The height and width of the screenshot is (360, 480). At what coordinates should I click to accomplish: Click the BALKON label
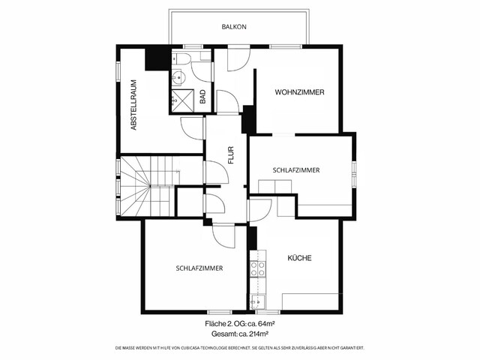pyautogui.click(x=234, y=27)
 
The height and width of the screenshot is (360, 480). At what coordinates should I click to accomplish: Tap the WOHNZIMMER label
pyautogui.click(x=299, y=92)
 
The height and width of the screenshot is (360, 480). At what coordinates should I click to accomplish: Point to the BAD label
pyautogui.click(x=202, y=97)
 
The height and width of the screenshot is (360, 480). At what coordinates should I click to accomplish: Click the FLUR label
pyautogui.click(x=231, y=154)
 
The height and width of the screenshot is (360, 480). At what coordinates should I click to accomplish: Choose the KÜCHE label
pyautogui.click(x=299, y=258)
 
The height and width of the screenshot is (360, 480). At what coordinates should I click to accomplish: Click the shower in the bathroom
pyautogui.click(x=182, y=98)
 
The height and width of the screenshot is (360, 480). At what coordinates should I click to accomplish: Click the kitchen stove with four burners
pyautogui.click(x=257, y=269)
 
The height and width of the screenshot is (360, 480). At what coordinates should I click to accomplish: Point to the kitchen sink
pyautogui.click(x=257, y=302)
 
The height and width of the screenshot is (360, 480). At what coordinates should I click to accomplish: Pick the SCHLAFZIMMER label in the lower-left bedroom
pyautogui.click(x=199, y=268)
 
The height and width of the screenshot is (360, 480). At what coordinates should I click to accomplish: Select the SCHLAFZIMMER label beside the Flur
pyautogui.click(x=296, y=170)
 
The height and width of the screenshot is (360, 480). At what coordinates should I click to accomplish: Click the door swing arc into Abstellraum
pyautogui.click(x=193, y=127)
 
